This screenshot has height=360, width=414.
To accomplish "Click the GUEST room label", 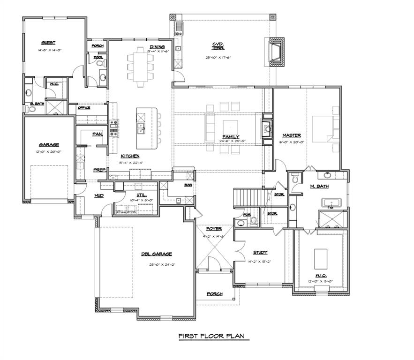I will pyautogui.click(x=48, y=43).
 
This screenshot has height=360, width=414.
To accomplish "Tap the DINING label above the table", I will pyautogui.click(x=157, y=46).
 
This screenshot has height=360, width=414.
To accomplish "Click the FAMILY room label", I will pyautogui.click(x=231, y=137).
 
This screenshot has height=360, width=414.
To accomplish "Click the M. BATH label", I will pyautogui.click(x=319, y=186).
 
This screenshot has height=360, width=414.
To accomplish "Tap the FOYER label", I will pyautogui.click(x=214, y=229).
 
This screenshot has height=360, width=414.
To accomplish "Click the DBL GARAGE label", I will pyautogui.click(x=157, y=254).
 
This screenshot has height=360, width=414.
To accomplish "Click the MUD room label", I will pyautogui.click(x=99, y=195).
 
